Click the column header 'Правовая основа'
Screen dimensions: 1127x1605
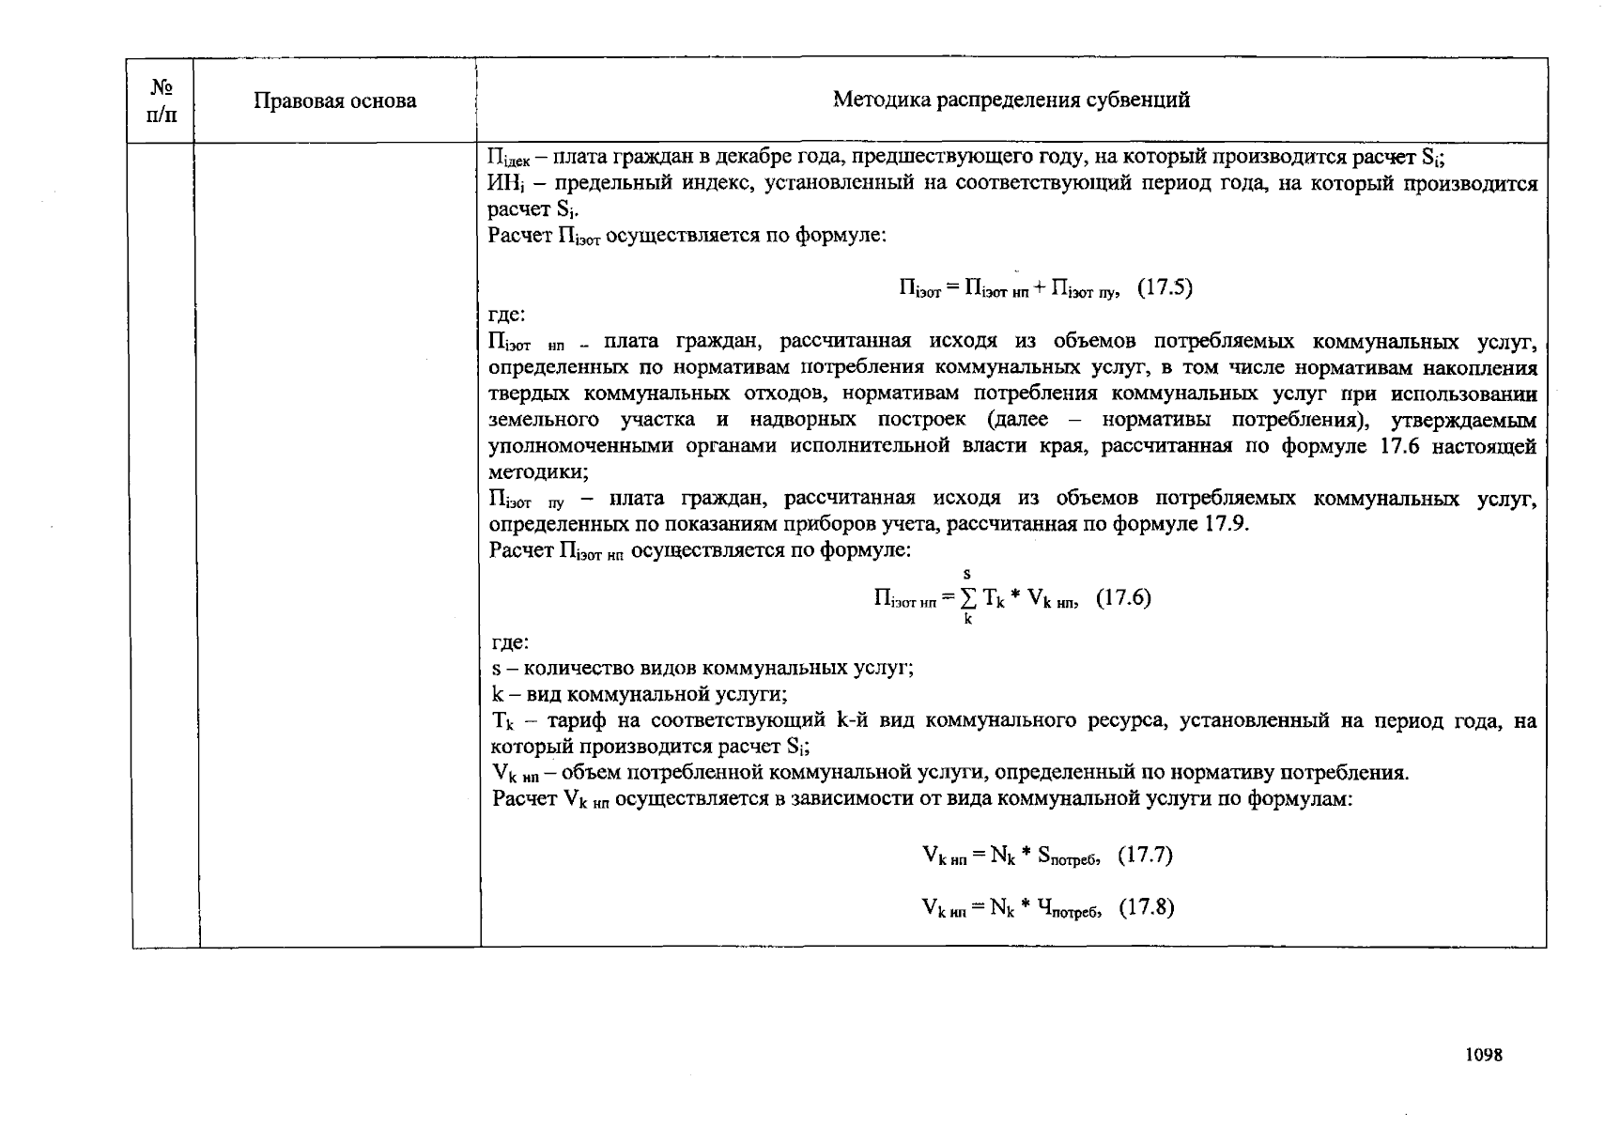click(334, 101)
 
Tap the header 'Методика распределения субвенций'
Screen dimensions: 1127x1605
click(1011, 100)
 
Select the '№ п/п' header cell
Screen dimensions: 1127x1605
click(162, 101)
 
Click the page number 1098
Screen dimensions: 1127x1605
click(1484, 1055)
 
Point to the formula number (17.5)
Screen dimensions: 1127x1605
click(1165, 288)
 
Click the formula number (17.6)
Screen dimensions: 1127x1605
click(1123, 597)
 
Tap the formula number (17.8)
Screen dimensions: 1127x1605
click(1146, 907)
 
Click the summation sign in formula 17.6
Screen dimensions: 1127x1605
click(968, 598)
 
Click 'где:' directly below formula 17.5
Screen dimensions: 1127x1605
click(507, 315)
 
